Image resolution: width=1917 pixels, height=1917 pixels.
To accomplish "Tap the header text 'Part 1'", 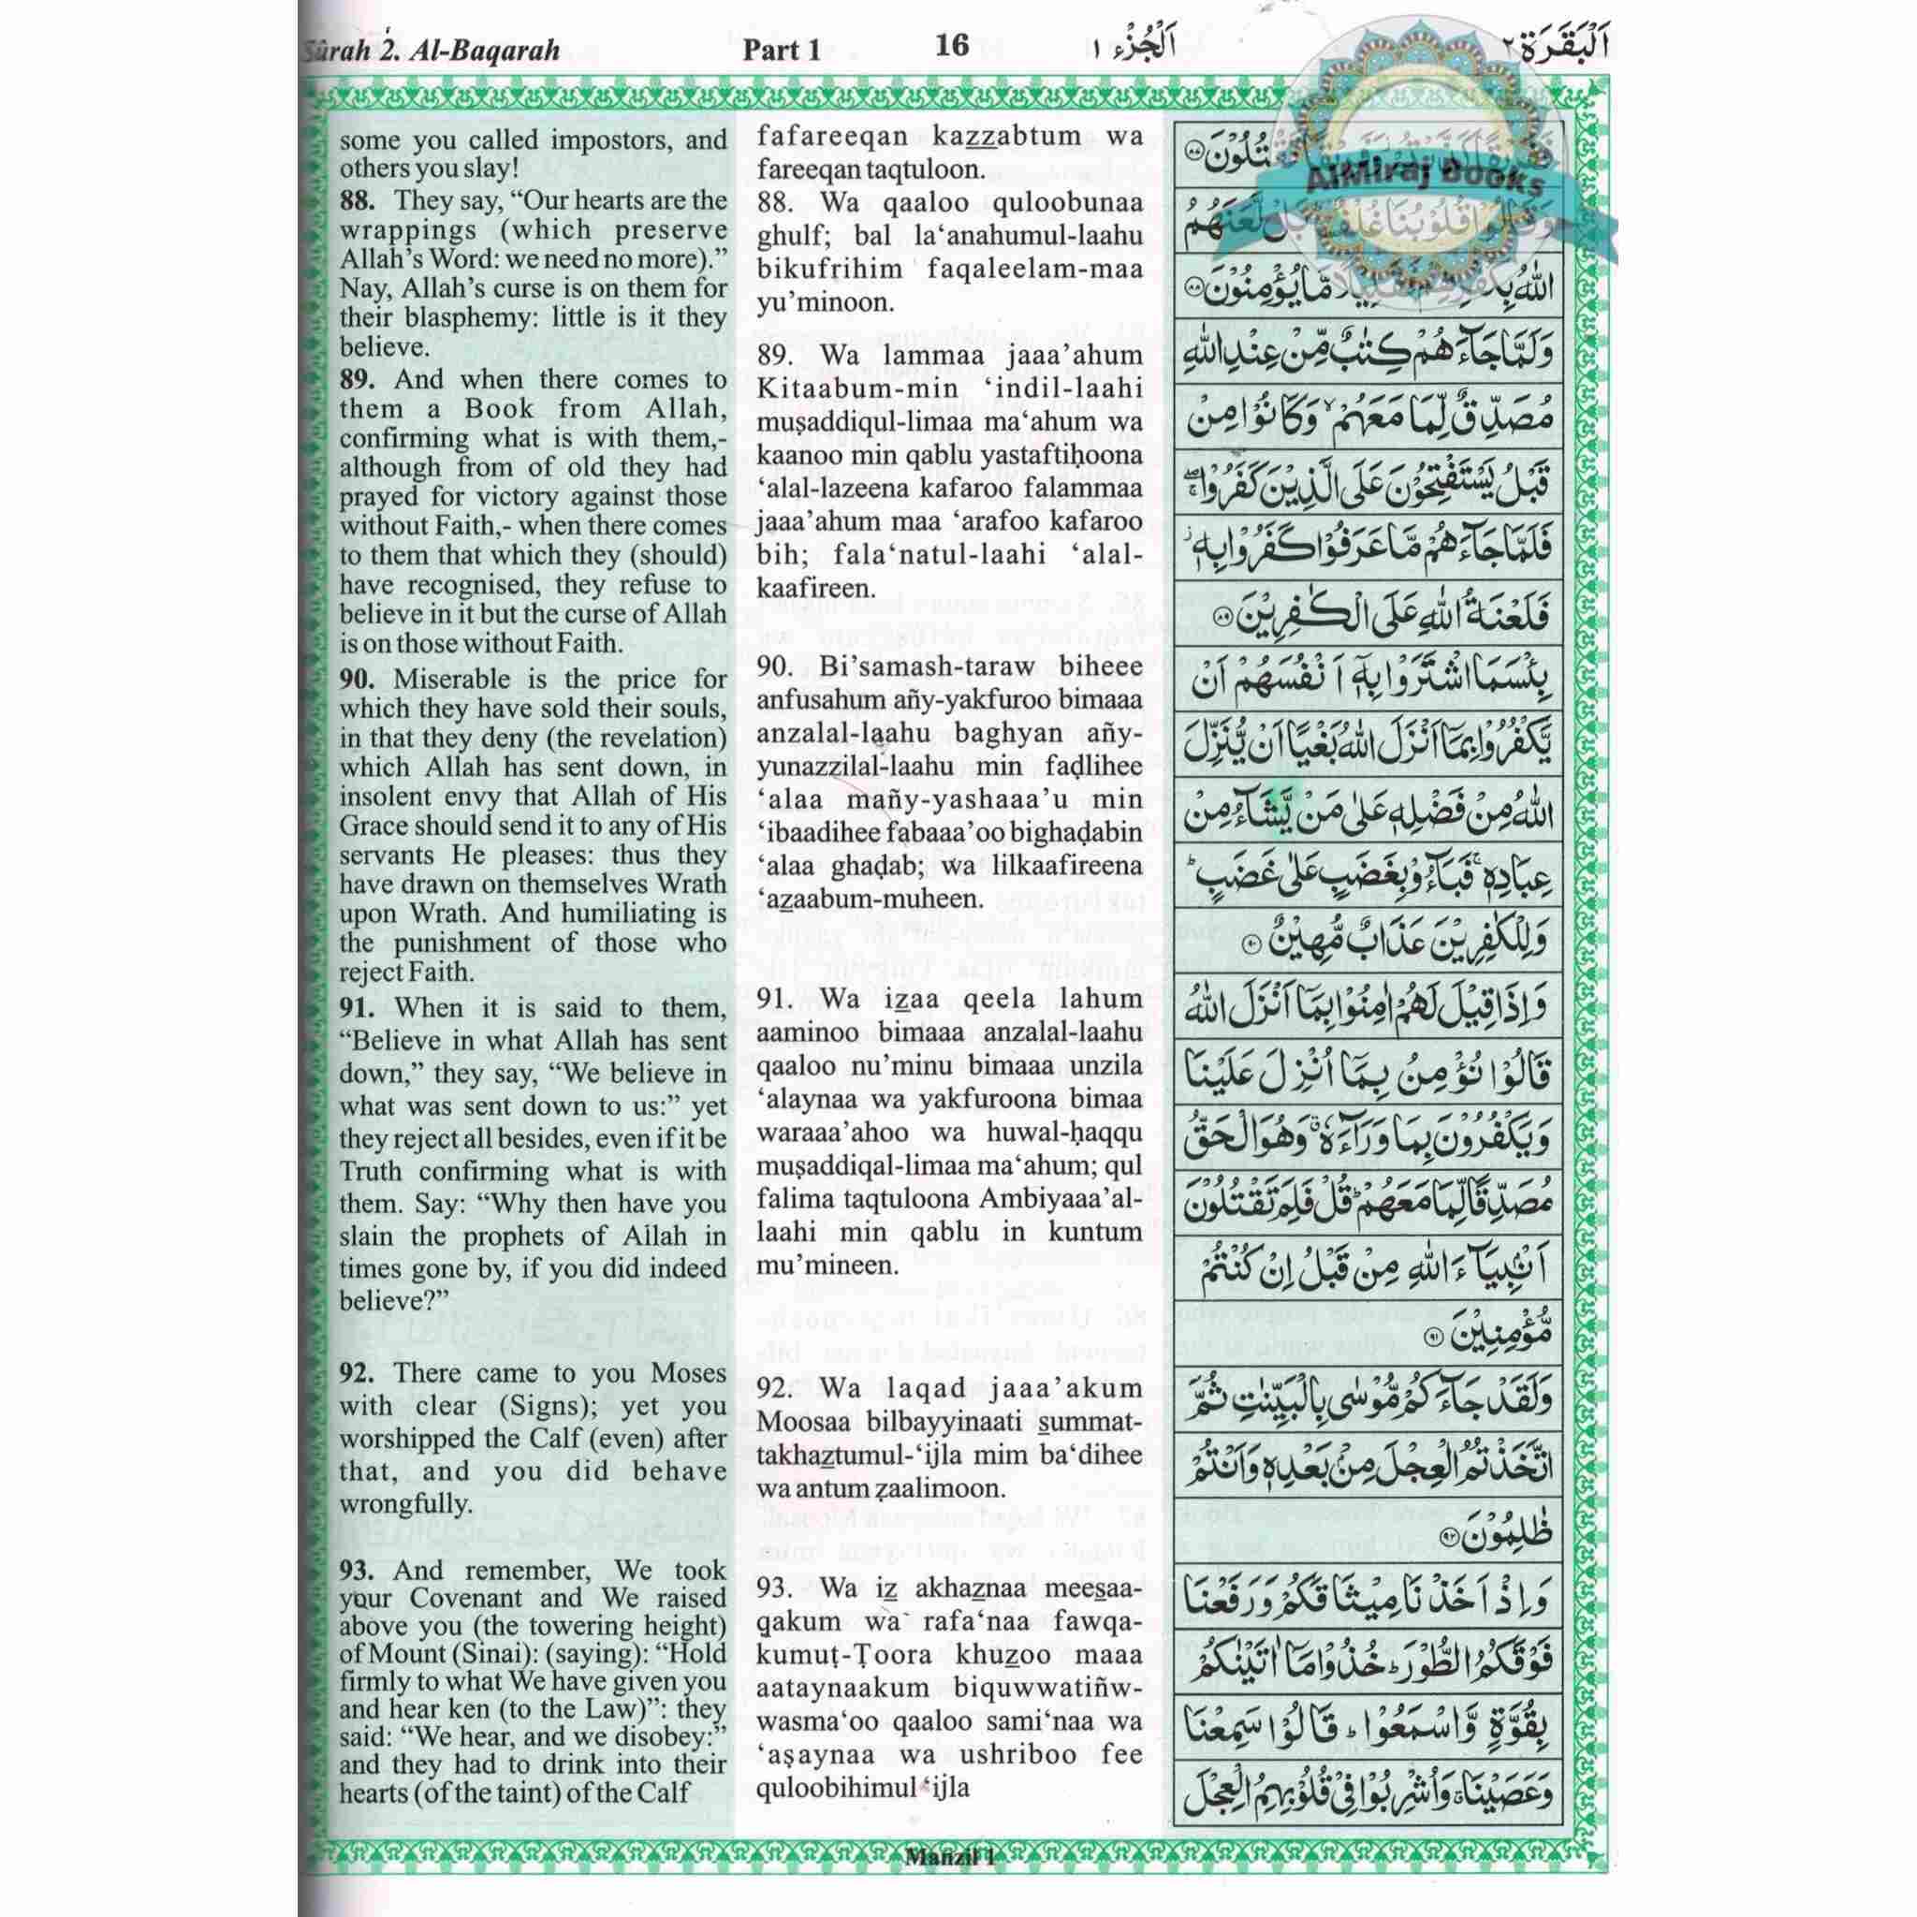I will click(x=782, y=51).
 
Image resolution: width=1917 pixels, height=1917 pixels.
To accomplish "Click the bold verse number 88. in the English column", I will click(x=358, y=200).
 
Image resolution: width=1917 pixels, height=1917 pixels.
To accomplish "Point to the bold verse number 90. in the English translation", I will click(x=358, y=680).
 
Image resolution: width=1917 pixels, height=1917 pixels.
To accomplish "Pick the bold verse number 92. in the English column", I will click(x=358, y=1373).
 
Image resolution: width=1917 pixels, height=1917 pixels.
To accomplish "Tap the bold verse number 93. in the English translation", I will click(x=358, y=1571).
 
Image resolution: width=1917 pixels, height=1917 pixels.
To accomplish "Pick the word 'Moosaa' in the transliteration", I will click(x=798, y=1422).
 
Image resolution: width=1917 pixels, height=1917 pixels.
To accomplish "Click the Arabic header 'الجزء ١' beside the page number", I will click(x=1122, y=50).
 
